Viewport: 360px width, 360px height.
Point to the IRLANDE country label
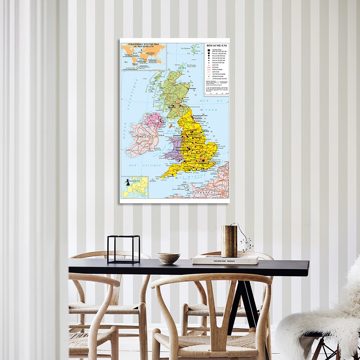click(x=141, y=137)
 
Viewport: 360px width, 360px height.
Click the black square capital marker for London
click(x=204, y=160)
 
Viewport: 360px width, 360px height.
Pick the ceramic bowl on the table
click(x=168, y=258)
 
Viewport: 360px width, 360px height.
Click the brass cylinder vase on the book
click(x=229, y=241)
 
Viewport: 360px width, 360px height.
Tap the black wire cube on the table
click(x=124, y=249)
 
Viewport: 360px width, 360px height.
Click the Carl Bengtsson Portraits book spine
click(x=225, y=261)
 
